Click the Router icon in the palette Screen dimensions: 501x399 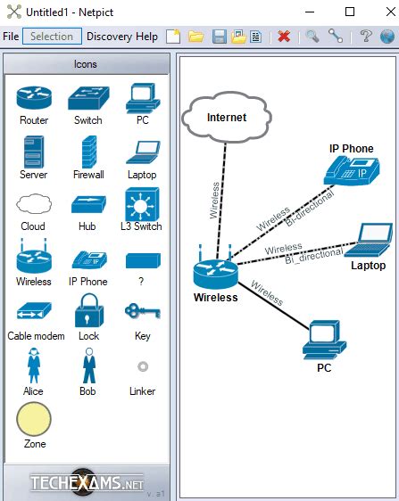pos(34,97)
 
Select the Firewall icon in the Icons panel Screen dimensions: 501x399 pos(87,152)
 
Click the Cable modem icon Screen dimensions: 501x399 pos(34,313)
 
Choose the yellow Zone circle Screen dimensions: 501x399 pos(34,419)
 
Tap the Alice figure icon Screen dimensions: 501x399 pos(34,365)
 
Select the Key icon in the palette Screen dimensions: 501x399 pos(141,312)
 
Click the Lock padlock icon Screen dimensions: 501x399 pos(87,311)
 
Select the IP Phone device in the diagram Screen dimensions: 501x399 pos(352,168)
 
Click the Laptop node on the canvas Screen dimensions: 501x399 pos(370,240)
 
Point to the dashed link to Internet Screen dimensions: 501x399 pos(220,196)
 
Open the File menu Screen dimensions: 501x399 pos(11,37)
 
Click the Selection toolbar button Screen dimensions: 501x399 pos(52,37)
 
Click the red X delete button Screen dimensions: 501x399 pos(284,37)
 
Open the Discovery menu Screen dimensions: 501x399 pos(109,37)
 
